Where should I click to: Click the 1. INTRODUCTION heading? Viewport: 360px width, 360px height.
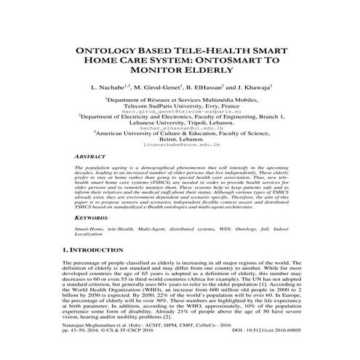coord(99,249)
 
